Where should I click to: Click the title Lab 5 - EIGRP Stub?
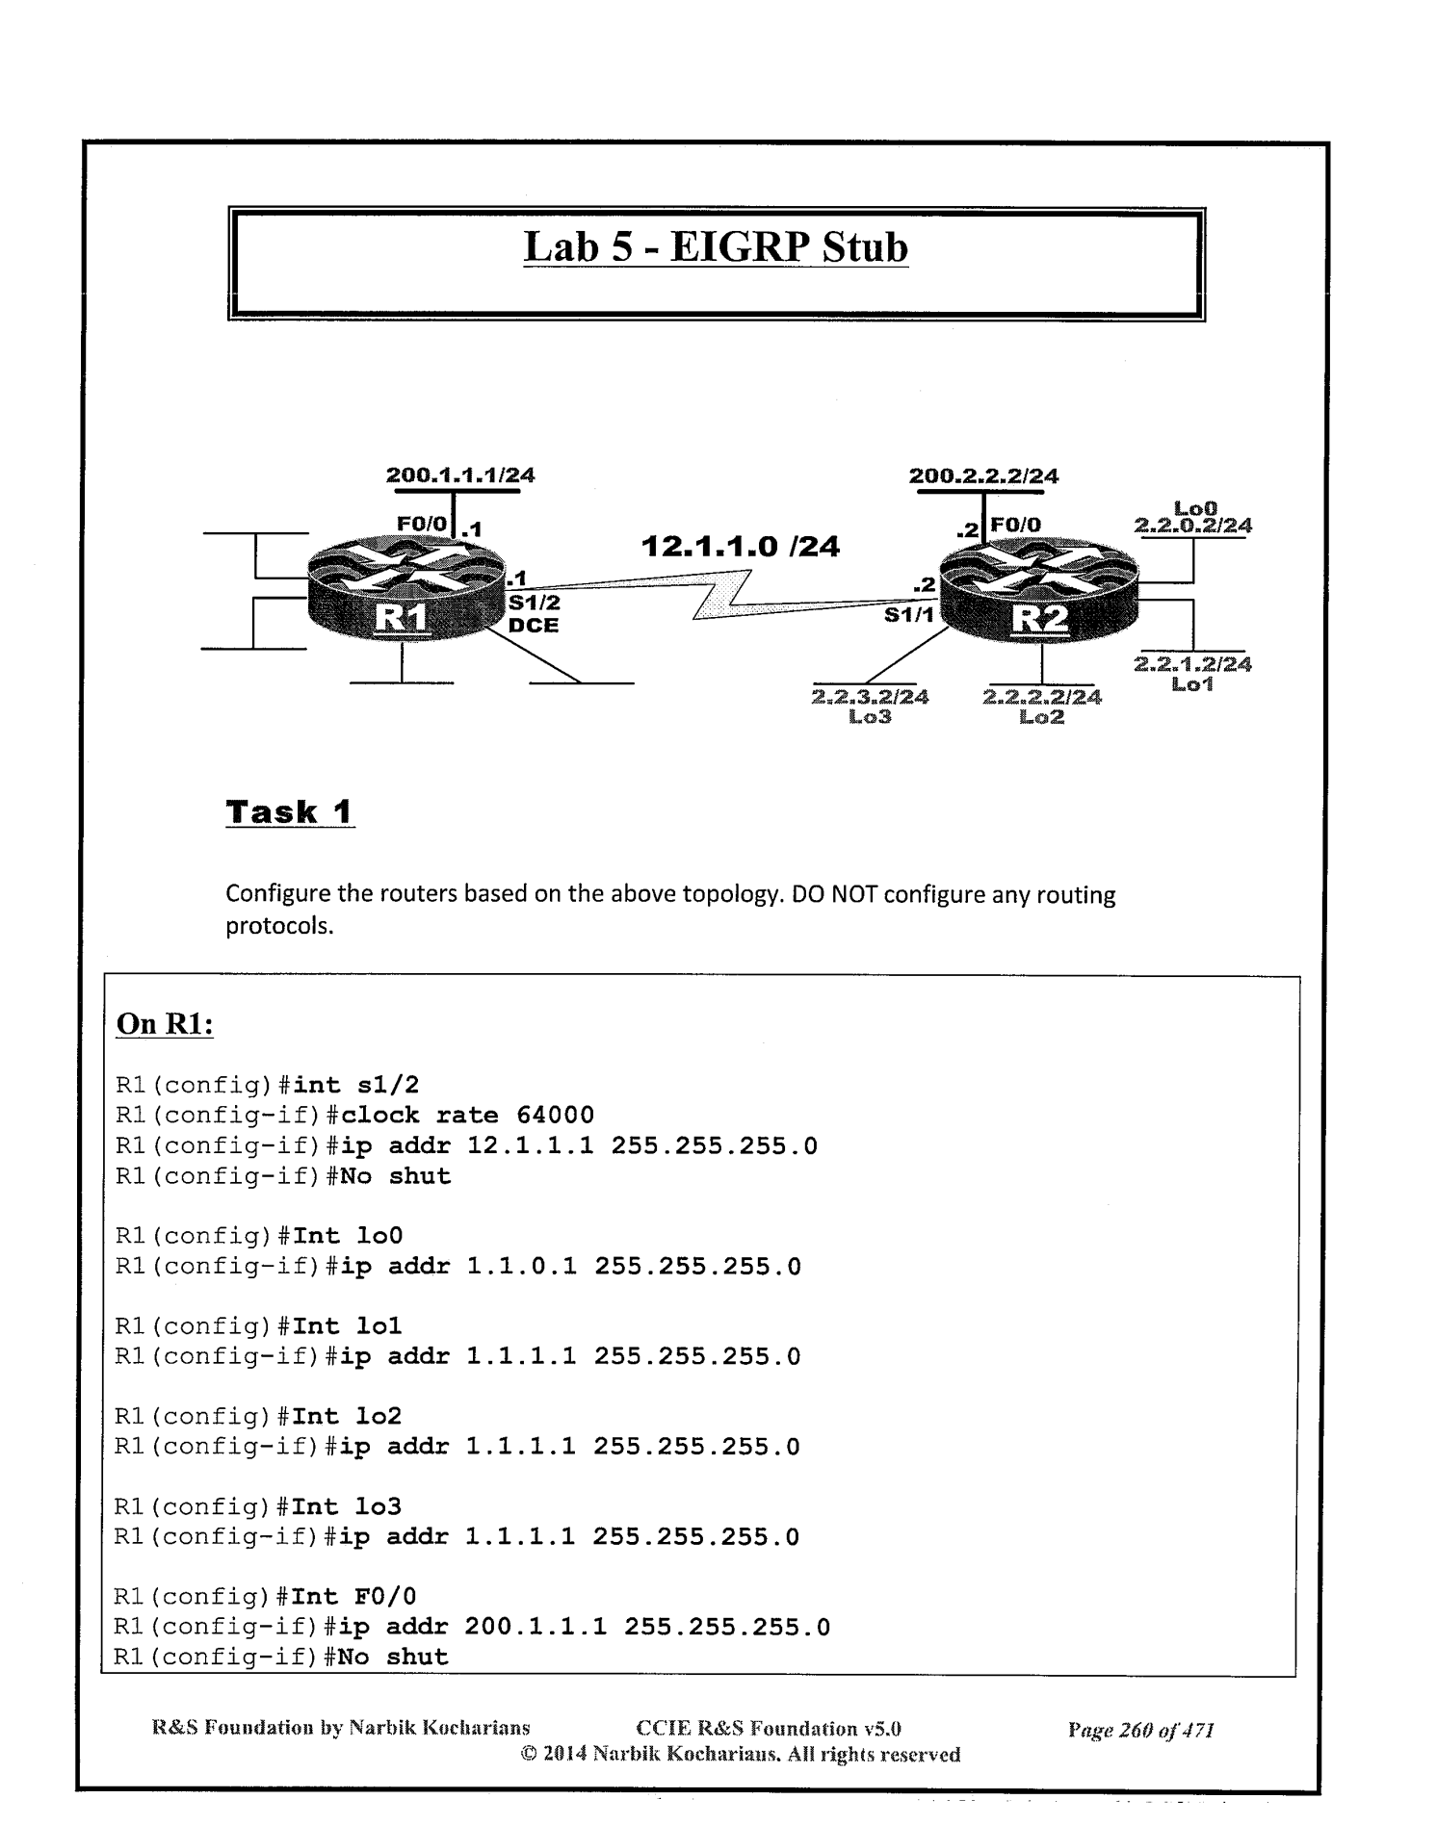[x=716, y=247]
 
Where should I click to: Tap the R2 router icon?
[x=1038, y=598]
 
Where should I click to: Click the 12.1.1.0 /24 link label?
[x=740, y=547]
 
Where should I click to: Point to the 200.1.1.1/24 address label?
[x=460, y=475]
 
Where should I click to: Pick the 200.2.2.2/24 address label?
[x=983, y=476]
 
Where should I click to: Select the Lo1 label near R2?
[x=1192, y=684]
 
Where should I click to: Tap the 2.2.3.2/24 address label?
[x=871, y=696]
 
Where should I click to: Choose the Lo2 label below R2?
[x=1041, y=716]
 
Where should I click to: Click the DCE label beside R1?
[x=534, y=625]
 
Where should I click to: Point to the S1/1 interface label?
[x=909, y=615]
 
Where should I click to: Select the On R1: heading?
[x=164, y=1023]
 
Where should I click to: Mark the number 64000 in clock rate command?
[x=555, y=1116]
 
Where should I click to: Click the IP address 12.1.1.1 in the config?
[x=530, y=1146]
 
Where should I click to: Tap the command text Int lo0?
[x=348, y=1236]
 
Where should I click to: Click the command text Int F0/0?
[x=353, y=1597]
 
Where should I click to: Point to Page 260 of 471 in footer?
[x=1140, y=1730]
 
